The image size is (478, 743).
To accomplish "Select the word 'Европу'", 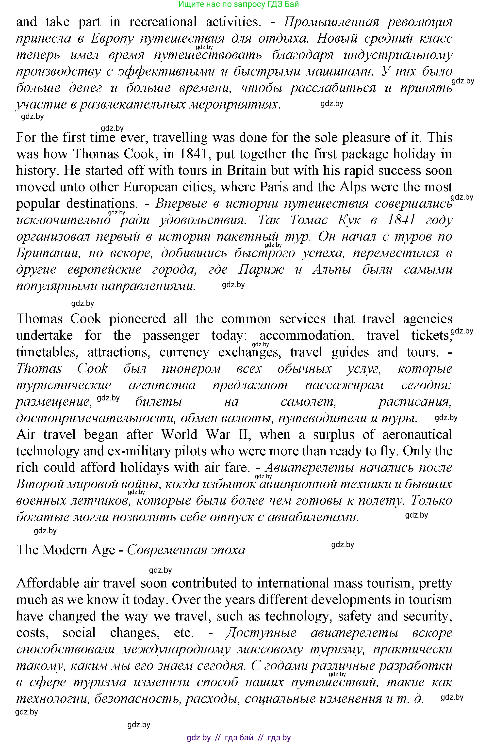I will [112, 38].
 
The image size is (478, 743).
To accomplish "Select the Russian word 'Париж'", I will [261, 269].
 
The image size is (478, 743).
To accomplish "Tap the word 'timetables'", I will [46, 352].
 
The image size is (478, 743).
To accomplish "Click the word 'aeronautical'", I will [417, 434].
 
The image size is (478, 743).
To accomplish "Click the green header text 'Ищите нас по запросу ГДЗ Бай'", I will [239, 4].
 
